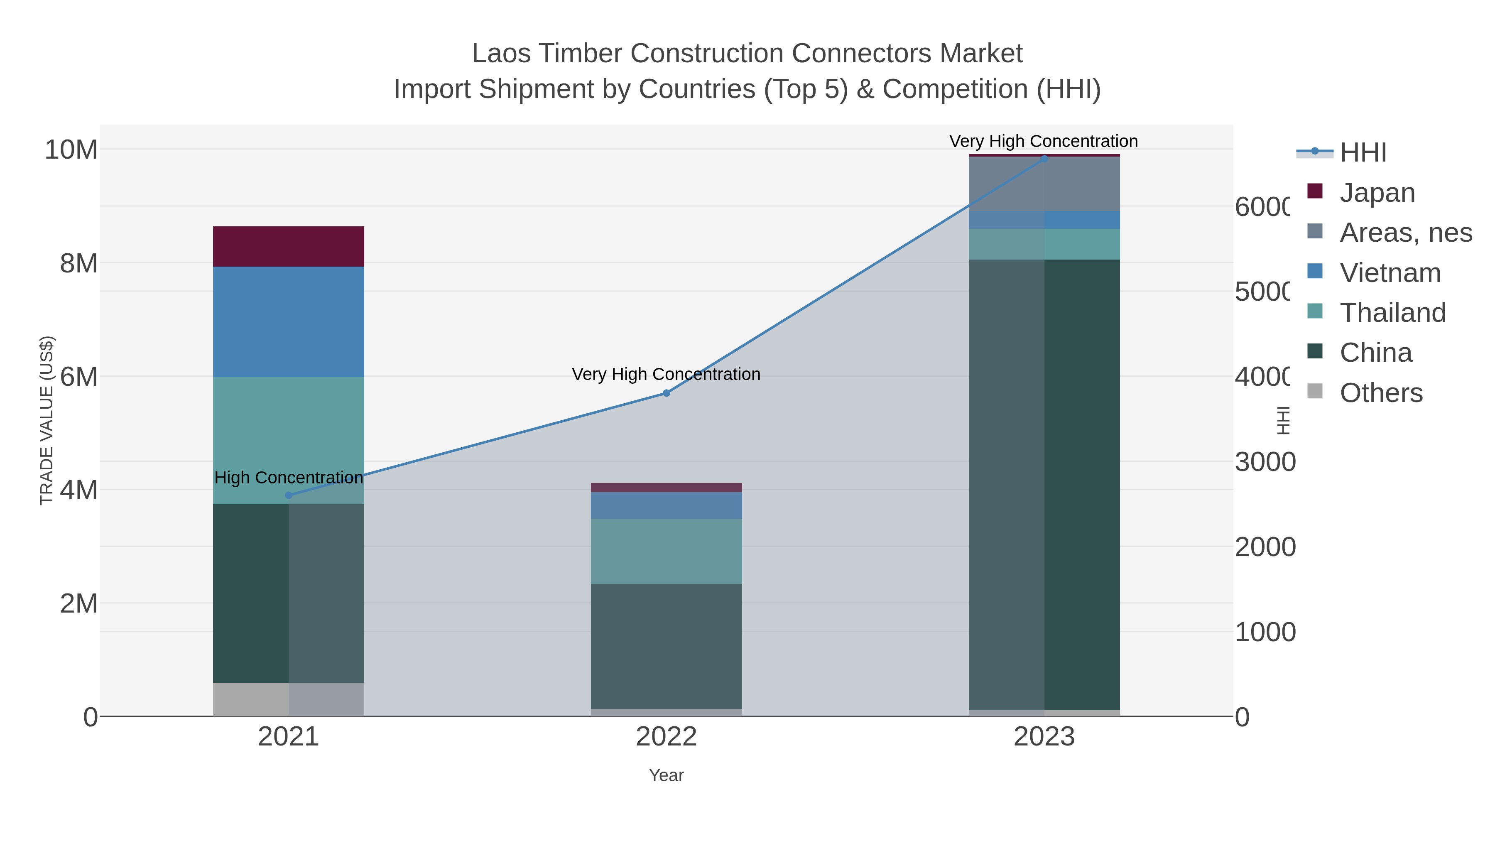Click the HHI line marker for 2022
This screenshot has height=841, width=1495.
tap(666, 393)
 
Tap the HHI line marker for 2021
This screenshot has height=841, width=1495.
tap(289, 495)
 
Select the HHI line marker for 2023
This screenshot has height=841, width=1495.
tap(1044, 159)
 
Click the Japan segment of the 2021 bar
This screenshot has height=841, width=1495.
tap(289, 246)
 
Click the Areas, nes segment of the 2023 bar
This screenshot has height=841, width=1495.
tap(1044, 184)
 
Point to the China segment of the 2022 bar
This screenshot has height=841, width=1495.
tap(666, 645)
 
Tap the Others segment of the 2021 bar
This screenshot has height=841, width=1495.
tap(289, 699)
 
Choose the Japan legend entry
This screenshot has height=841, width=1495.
tap(1377, 192)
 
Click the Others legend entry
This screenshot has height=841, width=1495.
tap(1381, 393)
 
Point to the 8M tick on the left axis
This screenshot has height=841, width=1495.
tap(78, 263)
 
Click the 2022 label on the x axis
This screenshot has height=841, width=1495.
tap(666, 736)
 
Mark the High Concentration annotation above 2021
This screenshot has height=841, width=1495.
tap(289, 477)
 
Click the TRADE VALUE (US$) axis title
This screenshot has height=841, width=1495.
tap(47, 420)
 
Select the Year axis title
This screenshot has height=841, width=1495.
tap(666, 775)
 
